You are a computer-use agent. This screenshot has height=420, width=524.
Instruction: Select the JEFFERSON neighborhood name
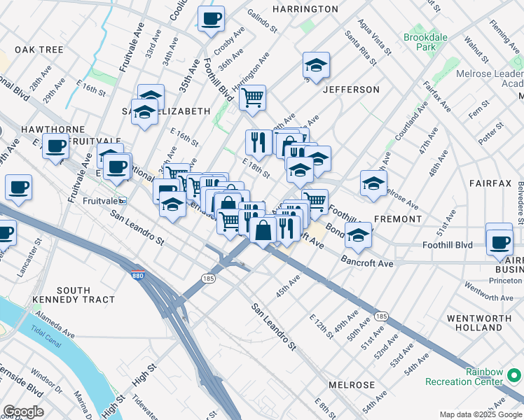351,90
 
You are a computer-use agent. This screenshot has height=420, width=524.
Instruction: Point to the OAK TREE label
39,50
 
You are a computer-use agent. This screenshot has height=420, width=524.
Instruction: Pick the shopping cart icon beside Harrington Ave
252,97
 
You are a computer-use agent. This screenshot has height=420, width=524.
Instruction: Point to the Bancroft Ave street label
367,263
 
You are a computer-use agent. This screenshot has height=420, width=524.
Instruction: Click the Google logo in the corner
22,412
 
